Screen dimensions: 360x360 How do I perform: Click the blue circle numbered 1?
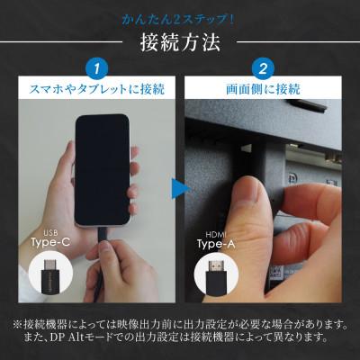pos(96,69)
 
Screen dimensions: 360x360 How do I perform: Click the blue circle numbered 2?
pos(263,69)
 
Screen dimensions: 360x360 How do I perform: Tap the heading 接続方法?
pos(180,43)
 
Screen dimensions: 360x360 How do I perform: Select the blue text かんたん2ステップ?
pos(178,20)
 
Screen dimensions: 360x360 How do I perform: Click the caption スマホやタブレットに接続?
pos(96,89)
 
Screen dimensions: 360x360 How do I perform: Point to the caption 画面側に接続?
pos(263,89)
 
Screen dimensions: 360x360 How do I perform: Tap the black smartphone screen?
pos(103,170)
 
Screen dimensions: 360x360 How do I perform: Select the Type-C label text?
pos(50,242)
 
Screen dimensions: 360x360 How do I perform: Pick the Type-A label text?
pos(216,244)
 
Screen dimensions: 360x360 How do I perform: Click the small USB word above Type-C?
pos(50,233)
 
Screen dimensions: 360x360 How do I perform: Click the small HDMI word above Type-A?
pos(216,235)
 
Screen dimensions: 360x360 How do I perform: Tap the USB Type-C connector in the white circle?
pos(50,275)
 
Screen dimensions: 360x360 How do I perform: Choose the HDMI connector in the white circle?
pos(216,276)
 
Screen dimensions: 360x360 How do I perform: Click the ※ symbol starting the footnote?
pos(18,324)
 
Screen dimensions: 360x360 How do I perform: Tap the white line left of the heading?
pos(61,41)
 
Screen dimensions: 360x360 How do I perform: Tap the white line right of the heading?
pos(299,41)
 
